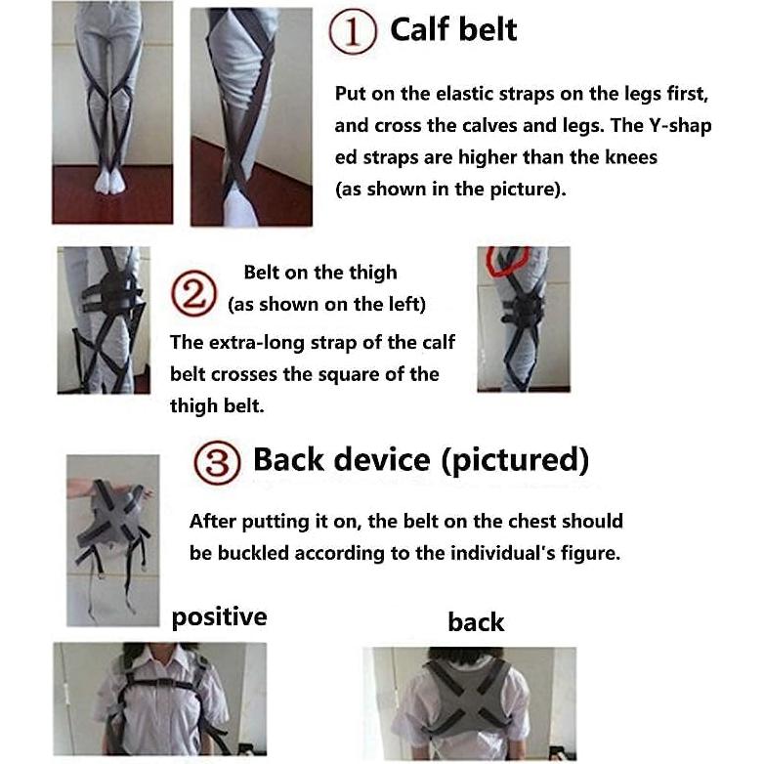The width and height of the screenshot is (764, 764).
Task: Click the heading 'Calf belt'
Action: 453,29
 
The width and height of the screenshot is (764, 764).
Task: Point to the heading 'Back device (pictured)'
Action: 421,459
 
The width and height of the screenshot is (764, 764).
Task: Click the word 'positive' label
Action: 219,616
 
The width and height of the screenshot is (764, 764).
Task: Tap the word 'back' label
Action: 476,622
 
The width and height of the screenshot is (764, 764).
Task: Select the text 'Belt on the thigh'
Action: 320,273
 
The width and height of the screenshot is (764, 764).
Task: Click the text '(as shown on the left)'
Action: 326,305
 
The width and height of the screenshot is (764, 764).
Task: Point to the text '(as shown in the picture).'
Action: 450,190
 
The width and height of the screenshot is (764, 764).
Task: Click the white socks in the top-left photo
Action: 106,182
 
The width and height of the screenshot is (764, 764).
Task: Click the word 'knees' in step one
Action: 632,157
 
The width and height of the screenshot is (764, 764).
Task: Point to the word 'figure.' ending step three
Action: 589,553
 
